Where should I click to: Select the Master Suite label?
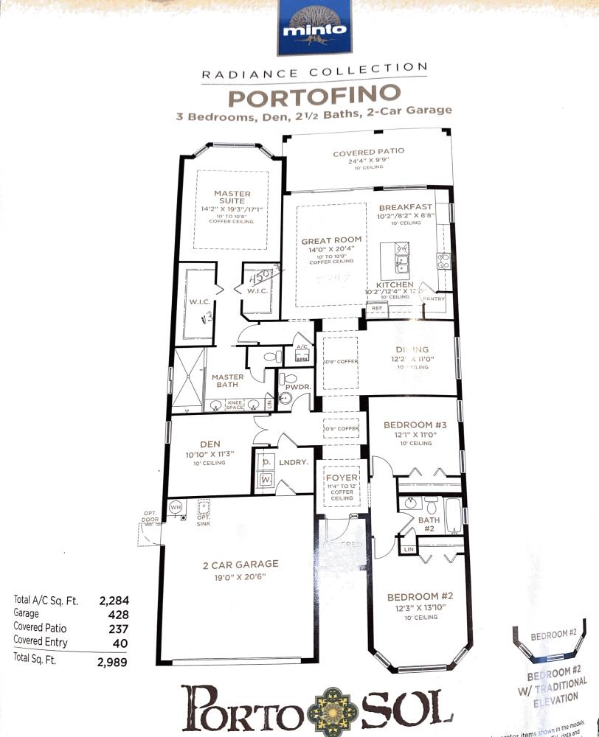pos(232,198)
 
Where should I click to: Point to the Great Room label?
pos(331,240)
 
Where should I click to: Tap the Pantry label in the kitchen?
pos(434,298)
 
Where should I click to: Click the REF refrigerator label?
pos(376,308)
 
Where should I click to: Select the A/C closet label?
pos(301,346)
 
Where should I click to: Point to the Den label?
pos(210,444)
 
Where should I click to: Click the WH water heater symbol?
pos(176,507)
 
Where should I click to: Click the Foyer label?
pos(341,478)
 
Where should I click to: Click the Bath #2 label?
pos(429,520)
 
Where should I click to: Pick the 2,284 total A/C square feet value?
pos(114,601)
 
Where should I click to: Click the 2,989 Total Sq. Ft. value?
pos(112,662)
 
